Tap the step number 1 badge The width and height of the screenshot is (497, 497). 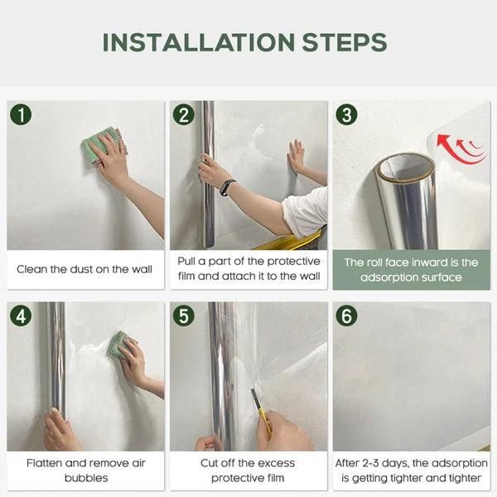21,114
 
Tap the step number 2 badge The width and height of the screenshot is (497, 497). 184,114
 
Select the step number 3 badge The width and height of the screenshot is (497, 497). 346,114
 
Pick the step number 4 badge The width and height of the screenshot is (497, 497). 21,316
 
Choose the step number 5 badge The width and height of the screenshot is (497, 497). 184,316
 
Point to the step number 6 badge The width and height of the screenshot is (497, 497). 346,316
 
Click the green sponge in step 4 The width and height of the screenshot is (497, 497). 118,343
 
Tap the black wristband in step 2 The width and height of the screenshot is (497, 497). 227,187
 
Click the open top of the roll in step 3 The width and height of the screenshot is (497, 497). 404,168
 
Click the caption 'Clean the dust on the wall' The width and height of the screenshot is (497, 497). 84,269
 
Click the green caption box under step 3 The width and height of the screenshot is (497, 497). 411,269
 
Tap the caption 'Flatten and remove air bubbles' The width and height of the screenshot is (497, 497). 84,470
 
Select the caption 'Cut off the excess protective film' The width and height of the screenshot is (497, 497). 248,470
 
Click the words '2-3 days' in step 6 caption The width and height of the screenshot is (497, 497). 387,463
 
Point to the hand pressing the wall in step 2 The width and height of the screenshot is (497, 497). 296,156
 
